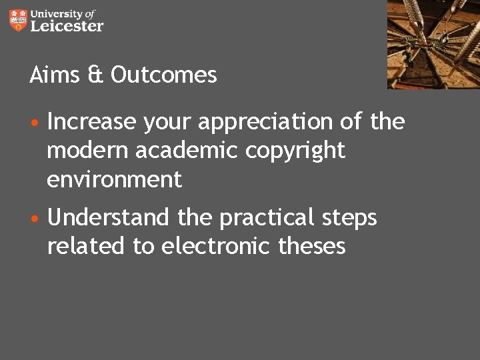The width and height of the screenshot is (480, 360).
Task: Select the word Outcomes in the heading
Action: pos(164,75)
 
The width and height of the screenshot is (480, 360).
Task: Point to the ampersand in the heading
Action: pos(95,75)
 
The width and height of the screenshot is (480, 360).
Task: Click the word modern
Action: pos(88,151)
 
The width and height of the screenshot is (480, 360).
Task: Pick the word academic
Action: pos(187,151)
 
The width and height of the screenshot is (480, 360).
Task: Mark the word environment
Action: pos(114,179)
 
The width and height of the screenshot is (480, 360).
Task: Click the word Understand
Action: pos(109,217)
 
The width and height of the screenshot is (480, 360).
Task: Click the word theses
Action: pos(312,246)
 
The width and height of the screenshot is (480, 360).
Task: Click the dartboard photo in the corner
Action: pos(433,44)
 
